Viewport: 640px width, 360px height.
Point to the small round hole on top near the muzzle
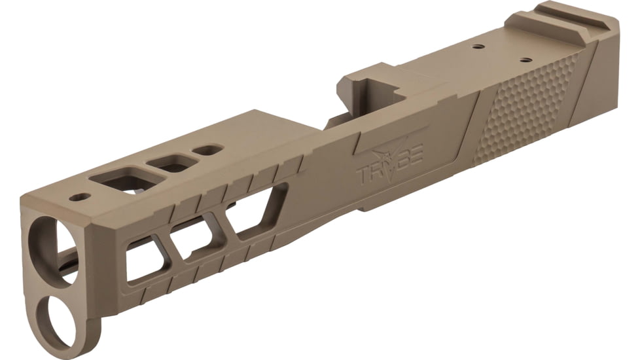click(x=79, y=196)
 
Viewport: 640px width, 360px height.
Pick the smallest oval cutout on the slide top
click(x=208, y=150)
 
